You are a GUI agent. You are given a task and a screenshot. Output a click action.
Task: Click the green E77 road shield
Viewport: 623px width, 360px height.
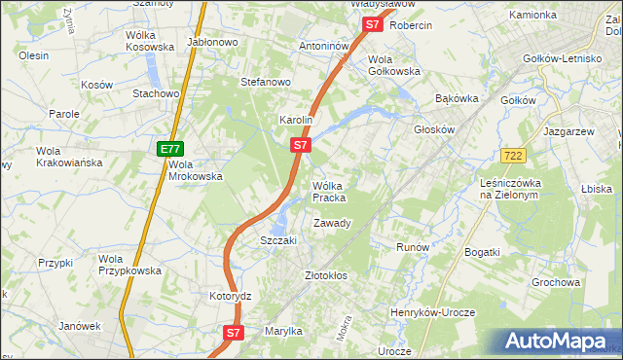coord(169,149)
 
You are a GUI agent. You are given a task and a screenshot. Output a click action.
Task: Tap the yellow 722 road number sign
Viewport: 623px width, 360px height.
coord(513,156)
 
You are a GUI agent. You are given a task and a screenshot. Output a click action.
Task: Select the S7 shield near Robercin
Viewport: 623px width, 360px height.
coord(371,26)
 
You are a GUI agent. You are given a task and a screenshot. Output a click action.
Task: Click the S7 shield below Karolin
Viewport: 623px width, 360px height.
coord(301,145)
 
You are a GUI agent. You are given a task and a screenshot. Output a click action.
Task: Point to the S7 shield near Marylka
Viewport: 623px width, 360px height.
coord(233,333)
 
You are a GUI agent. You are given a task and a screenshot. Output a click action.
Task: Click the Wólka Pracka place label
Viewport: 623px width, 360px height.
coord(328,191)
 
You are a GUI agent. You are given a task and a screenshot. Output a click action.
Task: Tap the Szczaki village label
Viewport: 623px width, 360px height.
coord(277,240)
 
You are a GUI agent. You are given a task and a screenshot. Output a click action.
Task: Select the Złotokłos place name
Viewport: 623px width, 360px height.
coord(326,275)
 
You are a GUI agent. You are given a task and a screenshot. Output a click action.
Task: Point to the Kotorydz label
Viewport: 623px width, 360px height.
coord(231,296)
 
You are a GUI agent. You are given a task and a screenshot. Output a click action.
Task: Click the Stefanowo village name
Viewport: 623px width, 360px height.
coord(266,82)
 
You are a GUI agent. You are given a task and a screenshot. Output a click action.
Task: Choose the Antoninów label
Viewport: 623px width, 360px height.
coord(324,46)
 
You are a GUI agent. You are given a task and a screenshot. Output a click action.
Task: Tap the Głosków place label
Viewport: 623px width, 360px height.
coord(434,128)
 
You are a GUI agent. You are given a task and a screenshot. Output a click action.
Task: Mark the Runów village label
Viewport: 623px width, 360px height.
coord(413,247)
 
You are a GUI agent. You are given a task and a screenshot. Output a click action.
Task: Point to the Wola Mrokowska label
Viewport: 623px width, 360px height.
coord(196,170)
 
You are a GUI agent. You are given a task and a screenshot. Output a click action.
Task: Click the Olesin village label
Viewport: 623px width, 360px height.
coord(33,56)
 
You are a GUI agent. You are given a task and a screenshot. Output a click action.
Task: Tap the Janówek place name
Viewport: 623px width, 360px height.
coord(79,326)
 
